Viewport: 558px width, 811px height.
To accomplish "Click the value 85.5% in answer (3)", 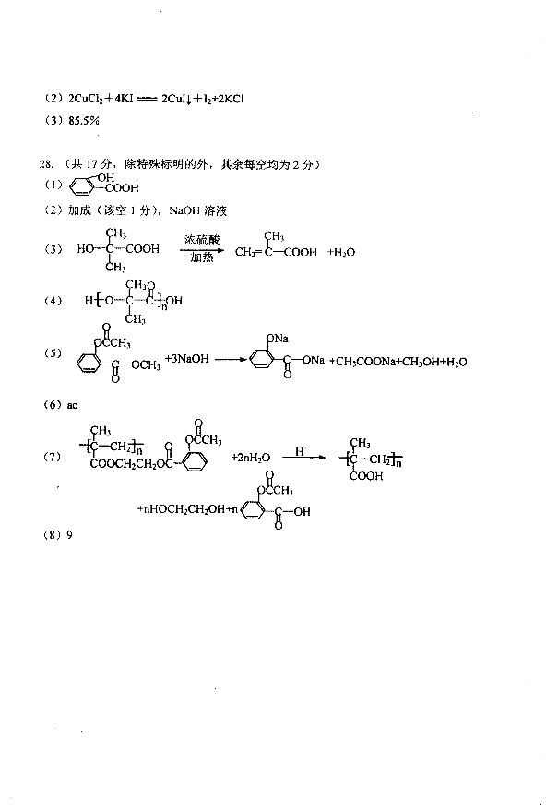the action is (84, 121).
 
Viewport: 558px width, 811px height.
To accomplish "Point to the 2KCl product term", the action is (231, 99).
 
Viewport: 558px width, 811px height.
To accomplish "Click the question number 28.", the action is (45, 164).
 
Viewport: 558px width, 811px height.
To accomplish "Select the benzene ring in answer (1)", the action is (81, 187).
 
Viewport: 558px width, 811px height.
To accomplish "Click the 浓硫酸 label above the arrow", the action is (202, 240).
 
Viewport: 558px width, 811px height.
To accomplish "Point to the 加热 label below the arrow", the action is (202, 257).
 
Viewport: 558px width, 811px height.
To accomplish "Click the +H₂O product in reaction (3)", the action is (341, 253).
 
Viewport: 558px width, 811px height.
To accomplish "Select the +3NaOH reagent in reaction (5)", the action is (186, 358).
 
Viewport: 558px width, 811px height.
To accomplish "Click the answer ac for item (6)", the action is (72, 405).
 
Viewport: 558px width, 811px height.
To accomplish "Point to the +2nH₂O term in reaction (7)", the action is (250, 458).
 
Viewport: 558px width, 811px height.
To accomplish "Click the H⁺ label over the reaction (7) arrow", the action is (302, 451).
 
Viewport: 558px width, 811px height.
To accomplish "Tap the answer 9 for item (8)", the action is (70, 535).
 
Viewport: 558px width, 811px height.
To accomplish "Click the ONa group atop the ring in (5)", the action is (278, 339).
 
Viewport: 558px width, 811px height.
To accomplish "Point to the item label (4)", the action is (53, 301).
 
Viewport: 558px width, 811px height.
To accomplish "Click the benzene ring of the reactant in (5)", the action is (89, 363).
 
